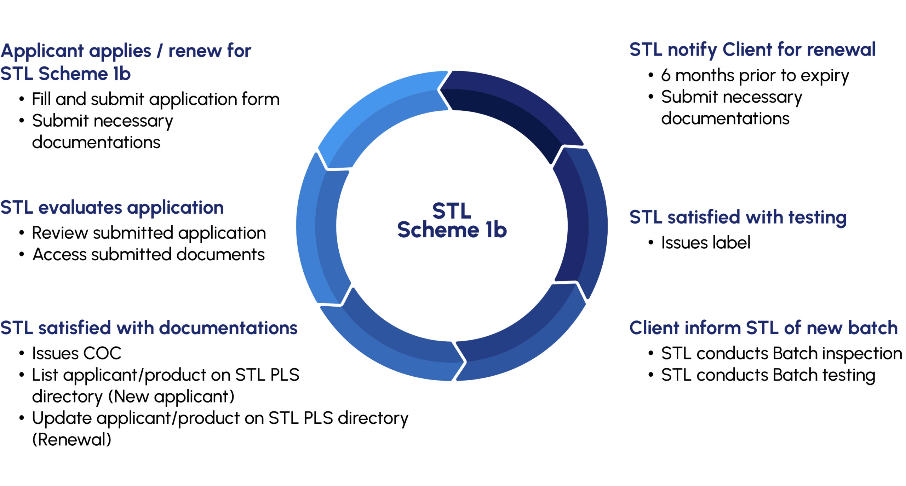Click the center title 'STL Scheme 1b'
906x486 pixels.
[452, 220]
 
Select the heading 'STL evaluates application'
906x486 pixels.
[112, 207]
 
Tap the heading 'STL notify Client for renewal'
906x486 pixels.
[752, 50]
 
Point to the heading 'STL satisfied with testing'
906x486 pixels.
[738, 217]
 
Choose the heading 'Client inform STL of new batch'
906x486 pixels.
[763, 328]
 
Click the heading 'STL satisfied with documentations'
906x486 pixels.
[149, 328]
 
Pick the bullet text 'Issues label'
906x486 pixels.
[705, 243]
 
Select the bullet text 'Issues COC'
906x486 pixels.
[76, 353]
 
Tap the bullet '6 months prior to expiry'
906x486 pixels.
[755, 75]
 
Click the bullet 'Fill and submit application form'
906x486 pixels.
[155, 99]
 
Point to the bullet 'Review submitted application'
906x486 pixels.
[149, 233]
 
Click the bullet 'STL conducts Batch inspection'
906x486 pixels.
[781, 353]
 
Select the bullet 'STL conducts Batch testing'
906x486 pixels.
[768, 375]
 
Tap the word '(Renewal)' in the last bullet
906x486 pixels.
[71, 440]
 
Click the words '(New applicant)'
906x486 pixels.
[171, 397]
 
